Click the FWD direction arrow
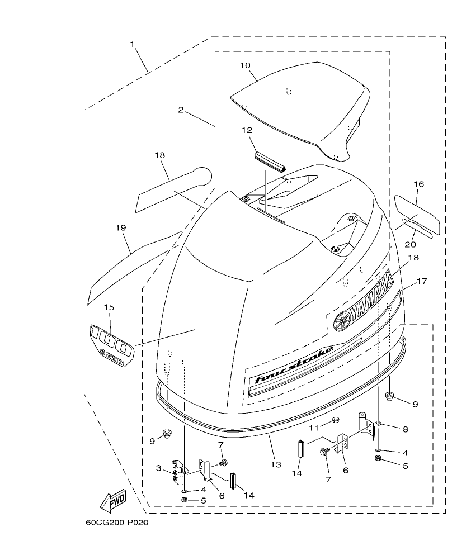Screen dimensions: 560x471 click(113, 500)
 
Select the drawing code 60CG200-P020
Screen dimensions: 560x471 click(117, 524)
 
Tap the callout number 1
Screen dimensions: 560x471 click(133, 44)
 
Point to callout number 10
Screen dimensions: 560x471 click(245, 65)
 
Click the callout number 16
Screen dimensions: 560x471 click(418, 184)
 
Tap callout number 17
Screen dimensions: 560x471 click(421, 281)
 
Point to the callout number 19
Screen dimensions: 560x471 click(121, 228)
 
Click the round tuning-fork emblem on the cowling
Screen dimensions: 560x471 click(341, 322)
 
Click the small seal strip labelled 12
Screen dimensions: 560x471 click(271, 162)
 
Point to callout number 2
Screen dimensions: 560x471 click(181, 110)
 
